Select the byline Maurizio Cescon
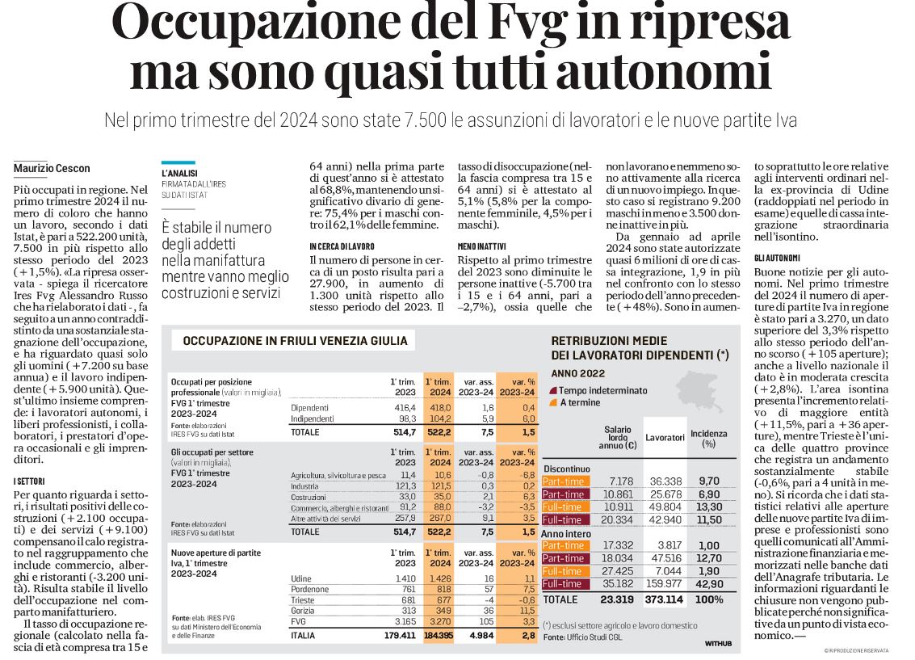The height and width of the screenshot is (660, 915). pos(52,169)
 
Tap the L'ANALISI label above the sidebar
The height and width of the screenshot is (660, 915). pos(180,174)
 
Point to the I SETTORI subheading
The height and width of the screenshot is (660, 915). pos(29,481)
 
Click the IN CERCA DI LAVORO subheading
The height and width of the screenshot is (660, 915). pos(342,247)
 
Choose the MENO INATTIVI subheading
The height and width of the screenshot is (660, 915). pos(481,247)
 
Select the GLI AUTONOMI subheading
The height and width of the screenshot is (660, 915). pos(777,258)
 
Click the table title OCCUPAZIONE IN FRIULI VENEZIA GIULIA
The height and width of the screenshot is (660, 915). pos(296,341)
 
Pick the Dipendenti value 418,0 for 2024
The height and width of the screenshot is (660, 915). pos(441,408)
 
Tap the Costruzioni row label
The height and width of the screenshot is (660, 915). pos(308,497)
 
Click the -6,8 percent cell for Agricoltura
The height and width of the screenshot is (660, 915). pos(527,475)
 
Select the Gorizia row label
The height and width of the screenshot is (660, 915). pos(302,611)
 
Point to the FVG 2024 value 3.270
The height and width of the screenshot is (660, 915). pos(440,621)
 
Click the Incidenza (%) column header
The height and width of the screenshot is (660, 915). pos(709,438)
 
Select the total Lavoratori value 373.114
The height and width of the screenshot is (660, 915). pos(664,599)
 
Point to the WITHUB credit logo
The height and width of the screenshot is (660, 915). pos(718,643)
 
